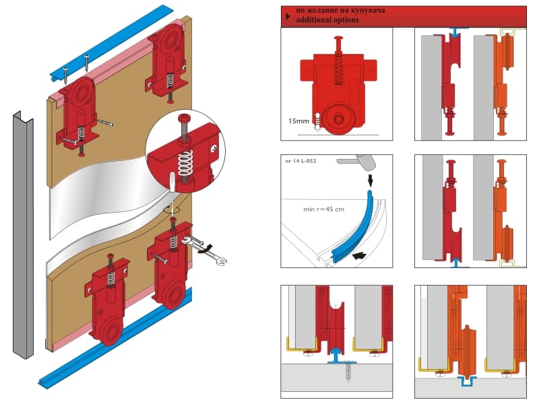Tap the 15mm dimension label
point(298,121)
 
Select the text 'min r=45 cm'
point(323,209)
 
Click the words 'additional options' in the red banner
point(327,20)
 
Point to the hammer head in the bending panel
point(366,162)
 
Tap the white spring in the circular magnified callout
point(185,163)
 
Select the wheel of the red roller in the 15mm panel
point(338,119)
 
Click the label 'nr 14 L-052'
point(300,160)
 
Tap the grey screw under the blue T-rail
point(350,371)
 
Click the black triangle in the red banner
point(288,16)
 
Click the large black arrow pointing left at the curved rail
point(359,256)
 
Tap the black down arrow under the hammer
point(370,179)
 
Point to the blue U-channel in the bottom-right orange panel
point(466,381)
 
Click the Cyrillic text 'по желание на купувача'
point(340,10)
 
